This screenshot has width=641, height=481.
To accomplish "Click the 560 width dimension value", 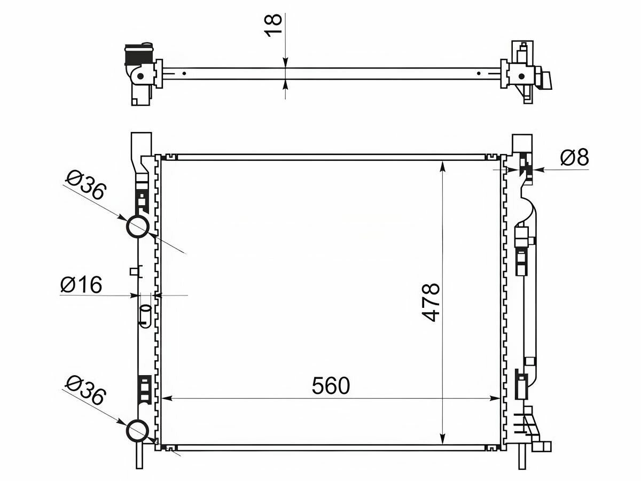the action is [331, 385].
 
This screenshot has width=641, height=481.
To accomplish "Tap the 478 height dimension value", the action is [431, 302].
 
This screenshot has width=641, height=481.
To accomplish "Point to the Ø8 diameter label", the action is [574, 158].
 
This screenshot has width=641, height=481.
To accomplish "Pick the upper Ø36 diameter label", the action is [85, 186].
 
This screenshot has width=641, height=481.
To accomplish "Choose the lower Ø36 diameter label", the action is [85, 391].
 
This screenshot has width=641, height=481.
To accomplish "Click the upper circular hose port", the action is [137, 227].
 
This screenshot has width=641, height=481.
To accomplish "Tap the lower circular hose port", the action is [137, 432].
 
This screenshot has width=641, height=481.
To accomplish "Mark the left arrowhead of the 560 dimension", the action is [167, 398].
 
